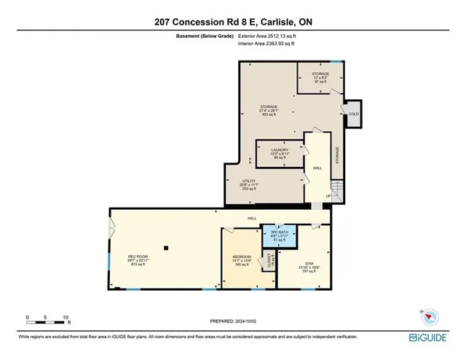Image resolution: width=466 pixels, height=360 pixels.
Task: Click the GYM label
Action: (309, 264)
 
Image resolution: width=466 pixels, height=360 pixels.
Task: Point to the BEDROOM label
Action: (242, 257)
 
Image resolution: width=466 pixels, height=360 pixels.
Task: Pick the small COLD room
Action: (354, 114)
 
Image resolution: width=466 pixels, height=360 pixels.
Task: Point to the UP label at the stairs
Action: (328, 196)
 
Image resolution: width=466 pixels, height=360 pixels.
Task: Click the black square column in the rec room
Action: (167, 248)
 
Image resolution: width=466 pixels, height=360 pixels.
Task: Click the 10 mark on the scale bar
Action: (66, 318)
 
